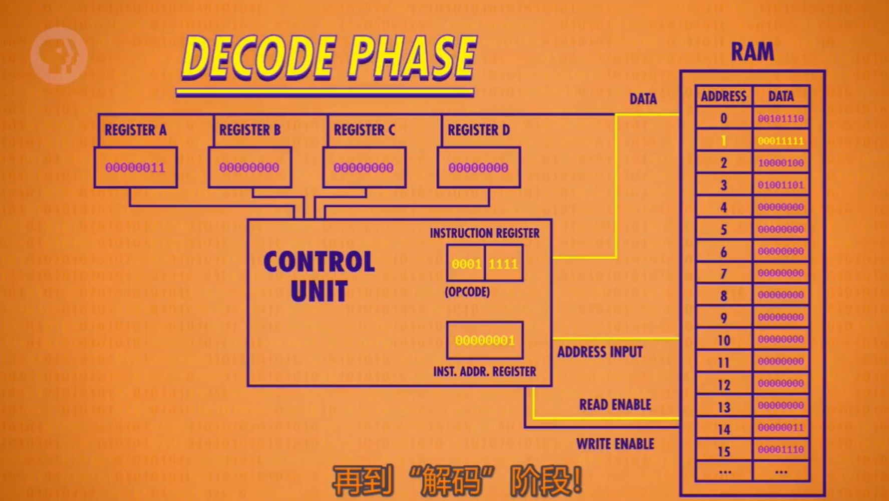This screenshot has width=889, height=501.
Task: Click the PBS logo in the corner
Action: coord(59,55)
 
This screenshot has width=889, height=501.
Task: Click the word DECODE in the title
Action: coord(258,58)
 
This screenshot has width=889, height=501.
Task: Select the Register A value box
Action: coord(135,168)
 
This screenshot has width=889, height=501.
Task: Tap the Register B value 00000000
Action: coord(249,168)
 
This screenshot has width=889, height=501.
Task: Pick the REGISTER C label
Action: coord(364,130)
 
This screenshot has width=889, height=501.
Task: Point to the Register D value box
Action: coord(478,168)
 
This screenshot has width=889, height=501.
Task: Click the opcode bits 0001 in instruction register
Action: coord(466,264)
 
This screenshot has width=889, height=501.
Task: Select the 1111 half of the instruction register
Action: coord(503,264)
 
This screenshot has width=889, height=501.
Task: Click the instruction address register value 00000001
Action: coord(484,341)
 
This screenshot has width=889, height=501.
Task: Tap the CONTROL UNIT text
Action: coord(319,276)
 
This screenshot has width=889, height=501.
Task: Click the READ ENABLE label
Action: coord(615,405)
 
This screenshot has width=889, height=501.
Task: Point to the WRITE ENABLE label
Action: coord(615,444)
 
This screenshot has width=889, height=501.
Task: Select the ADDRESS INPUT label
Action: coord(600,352)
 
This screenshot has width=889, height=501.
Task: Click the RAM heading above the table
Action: coord(752,52)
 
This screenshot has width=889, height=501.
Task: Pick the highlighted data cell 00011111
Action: coord(780,141)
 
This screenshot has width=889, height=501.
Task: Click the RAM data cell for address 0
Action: coord(780,119)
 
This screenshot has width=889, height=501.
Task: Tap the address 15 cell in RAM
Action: coord(724,451)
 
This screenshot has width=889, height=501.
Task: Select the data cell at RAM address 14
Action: coord(780,428)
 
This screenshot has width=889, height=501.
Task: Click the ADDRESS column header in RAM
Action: coord(724,96)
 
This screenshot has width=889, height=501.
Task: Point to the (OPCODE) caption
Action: coord(467,292)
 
